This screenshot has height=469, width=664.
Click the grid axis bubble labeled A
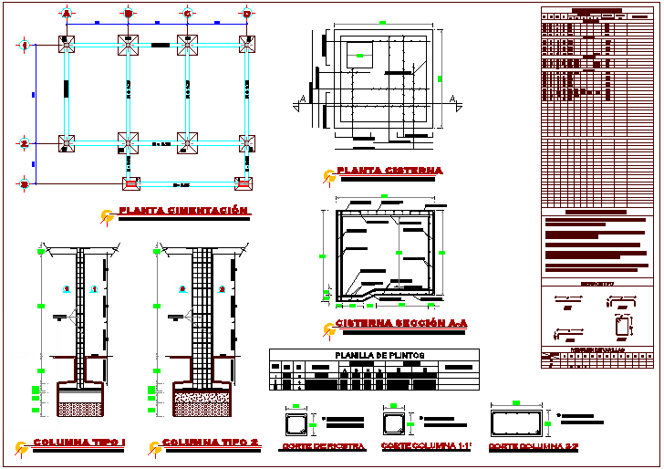pos(66,14)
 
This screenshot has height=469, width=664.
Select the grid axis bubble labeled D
pos(246,14)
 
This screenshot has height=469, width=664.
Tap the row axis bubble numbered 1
pos(25,45)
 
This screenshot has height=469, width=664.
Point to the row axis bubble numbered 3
pos(25,183)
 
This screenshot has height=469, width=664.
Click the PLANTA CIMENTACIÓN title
pos(183,211)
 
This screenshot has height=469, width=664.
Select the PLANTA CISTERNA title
pos(389,171)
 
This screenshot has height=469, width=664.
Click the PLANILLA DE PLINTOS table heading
pos(374,355)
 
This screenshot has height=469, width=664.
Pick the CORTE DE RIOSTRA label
pos(324,446)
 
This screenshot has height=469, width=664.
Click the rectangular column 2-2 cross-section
pos(517,424)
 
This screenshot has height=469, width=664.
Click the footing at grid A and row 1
pos(67,45)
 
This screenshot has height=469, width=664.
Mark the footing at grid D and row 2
pos(246,142)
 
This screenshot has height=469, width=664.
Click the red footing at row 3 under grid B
pos(130,182)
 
